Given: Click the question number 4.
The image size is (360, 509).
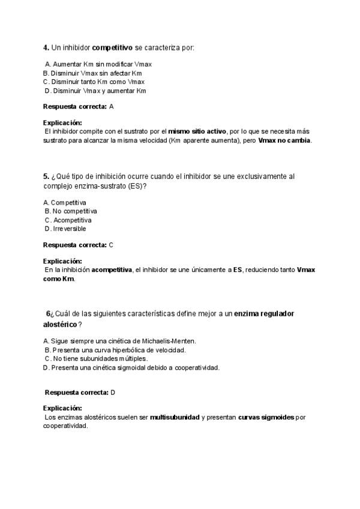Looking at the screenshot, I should (46, 47).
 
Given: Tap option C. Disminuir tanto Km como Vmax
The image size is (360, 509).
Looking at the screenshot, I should (94, 82).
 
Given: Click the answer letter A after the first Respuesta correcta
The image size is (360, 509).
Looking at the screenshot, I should (112, 106).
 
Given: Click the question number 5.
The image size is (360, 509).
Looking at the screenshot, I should (46, 176).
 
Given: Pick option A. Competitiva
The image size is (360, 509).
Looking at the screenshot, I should (65, 202).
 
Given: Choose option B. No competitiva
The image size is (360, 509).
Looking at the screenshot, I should (71, 211).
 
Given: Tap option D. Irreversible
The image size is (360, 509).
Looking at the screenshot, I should (65, 229).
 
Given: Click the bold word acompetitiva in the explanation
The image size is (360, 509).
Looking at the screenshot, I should (112, 270).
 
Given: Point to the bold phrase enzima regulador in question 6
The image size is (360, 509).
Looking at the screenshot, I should (264, 314).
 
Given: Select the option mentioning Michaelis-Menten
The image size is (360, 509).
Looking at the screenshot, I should (120, 341).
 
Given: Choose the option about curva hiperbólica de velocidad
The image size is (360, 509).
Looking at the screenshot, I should (115, 349).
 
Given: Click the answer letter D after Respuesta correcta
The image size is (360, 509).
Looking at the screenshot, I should (113, 392).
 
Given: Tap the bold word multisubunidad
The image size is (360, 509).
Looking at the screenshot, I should (175, 417).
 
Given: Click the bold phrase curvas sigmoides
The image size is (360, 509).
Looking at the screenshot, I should (266, 417).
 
